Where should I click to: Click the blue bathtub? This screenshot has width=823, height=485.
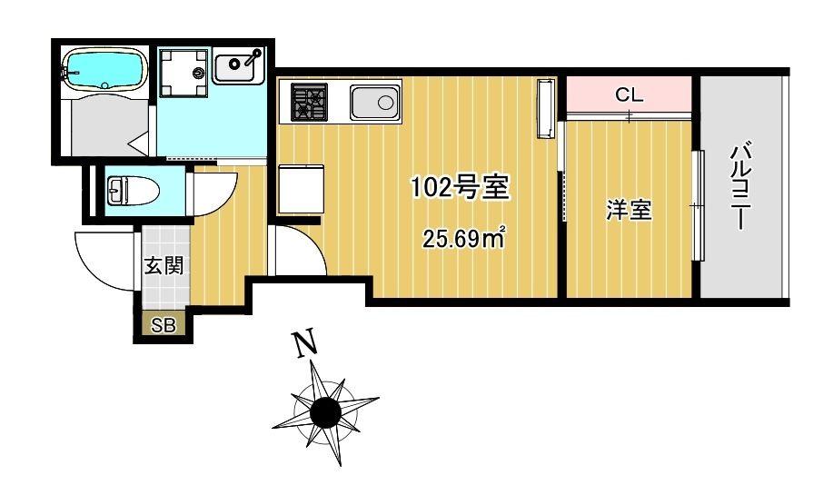[x=104, y=69]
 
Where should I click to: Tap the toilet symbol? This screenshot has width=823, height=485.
[x=133, y=191]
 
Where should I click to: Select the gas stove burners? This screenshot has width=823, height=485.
[x=309, y=102]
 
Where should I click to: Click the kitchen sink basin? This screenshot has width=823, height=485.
[x=374, y=103]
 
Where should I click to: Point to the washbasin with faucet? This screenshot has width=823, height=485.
[x=238, y=65]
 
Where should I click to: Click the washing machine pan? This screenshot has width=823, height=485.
[x=183, y=73]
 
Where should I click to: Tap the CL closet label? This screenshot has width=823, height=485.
[x=629, y=95]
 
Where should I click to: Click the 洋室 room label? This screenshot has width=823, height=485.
[x=629, y=210]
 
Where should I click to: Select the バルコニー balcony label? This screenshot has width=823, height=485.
[x=740, y=185]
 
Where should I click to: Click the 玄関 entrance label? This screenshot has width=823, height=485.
[x=164, y=265]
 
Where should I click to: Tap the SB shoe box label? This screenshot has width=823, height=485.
[x=164, y=325]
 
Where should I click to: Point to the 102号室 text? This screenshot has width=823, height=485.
[x=460, y=186]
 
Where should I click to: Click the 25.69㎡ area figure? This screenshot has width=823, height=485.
[x=464, y=239]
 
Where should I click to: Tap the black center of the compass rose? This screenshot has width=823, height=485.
[x=325, y=413]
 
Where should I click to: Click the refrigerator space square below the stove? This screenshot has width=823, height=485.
[x=301, y=189]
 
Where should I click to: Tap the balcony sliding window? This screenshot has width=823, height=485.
[x=697, y=206]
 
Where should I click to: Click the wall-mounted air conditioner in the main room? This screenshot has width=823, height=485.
[x=545, y=109]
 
